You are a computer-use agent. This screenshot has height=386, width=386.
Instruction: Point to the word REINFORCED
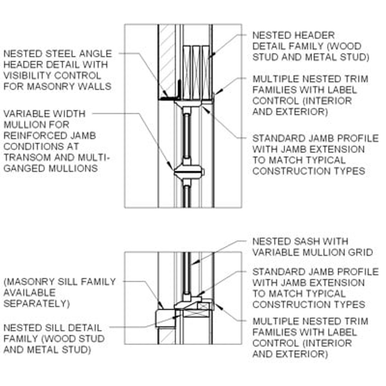[35, 136]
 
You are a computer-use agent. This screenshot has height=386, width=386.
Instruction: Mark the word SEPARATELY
[36, 303]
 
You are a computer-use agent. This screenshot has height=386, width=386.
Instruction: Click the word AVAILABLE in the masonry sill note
[30, 293]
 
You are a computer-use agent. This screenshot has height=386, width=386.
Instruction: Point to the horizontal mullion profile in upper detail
[188, 172]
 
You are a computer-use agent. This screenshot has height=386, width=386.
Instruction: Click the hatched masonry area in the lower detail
[167, 336]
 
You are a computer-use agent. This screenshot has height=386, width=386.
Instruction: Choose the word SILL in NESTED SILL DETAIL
[53, 328]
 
